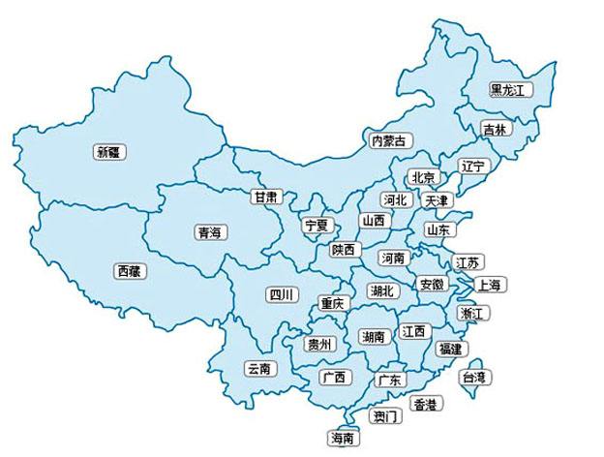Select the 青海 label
click(x=209, y=231)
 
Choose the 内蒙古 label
click(x=391, y=140)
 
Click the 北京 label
click(x=423, y=177)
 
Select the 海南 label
click(x=343, y=438)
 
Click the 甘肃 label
click(x=267, y=196)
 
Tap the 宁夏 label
click(x=317, y=225)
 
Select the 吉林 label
click(x=495, y=129)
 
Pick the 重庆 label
click(x=332, y=303)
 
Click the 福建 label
click(x=450, y=347)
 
